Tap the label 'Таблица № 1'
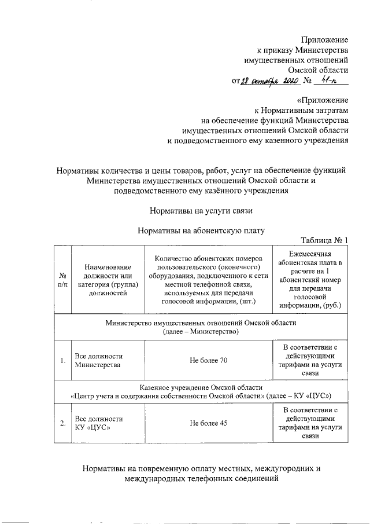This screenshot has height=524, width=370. click(x=325, y=240)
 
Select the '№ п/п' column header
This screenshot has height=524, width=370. click(x=62, y=280)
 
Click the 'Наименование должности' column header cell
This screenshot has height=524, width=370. click(x=107, y=280)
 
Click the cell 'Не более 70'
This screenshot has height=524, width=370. click(x=209, y=361)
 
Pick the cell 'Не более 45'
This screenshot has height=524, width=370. click(x=209, y=423)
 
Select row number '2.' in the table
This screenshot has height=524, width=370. click(x=62, y=423)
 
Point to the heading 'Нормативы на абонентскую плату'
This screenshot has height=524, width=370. click(x=201, y=230)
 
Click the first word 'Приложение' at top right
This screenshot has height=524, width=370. click(x=325, y=39)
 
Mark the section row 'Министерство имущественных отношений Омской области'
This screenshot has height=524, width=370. click(x=201, y=327)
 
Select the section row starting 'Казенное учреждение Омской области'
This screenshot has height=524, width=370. click(x=201, y=391)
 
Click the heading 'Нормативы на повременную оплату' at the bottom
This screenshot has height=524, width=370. click(x=201, y=473)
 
